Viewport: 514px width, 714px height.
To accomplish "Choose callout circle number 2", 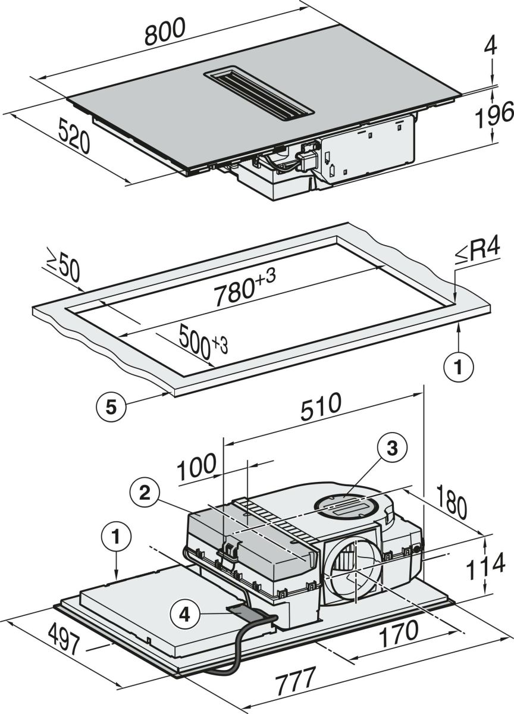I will (145, 493).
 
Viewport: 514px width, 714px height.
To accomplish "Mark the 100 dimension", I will (197, 466).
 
